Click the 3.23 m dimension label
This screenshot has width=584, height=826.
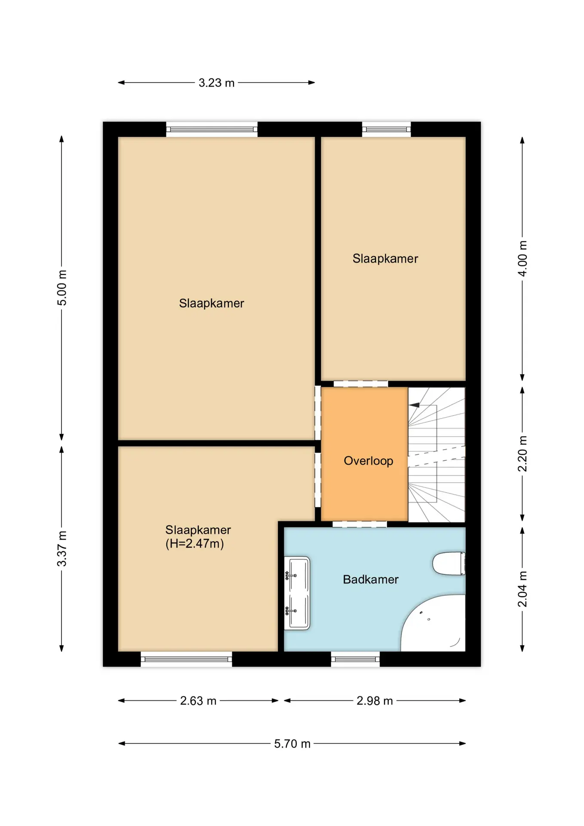[x=216, y=83]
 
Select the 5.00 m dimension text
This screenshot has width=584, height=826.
[x=62, y=288]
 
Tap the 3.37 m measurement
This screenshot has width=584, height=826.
[x=62, y=549]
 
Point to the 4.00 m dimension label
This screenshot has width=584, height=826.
[x=522, y=258]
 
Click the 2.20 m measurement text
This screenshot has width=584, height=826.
[x=522, y=453]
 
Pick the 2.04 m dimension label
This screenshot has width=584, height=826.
[x=522, y=589]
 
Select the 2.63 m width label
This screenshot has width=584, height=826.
[x=198, y=701]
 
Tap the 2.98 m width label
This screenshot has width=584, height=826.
[x=375, y=701]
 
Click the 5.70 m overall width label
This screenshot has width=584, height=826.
[x=292, y=744]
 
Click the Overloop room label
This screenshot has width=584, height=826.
[x=369, y=461]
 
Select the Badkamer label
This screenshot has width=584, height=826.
[x=371, y=579]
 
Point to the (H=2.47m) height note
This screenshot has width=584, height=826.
[x=195, y=544]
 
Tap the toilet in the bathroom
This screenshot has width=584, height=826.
[x=449, y=564]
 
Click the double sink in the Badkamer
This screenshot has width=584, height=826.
[x=297, y=593]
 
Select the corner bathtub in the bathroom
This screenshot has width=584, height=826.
[x=433, y=623]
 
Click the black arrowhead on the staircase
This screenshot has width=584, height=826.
[x=414, y=405]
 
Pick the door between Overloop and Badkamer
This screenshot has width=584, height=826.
[x=360, y=524]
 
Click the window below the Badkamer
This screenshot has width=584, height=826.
[x=355, y=659]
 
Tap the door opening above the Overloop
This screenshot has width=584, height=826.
[x=361, y=384]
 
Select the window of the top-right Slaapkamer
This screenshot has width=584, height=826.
[x=386, y=129]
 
